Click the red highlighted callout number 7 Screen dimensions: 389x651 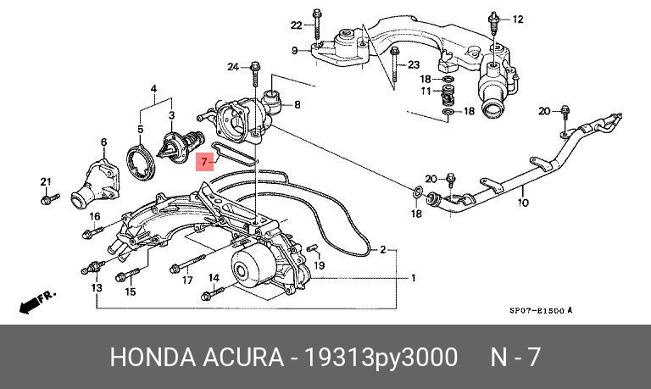point(204,159)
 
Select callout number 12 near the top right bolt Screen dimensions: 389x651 point(518,19)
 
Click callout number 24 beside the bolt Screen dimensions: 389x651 point(232,65)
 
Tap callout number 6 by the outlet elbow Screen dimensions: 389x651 point(104,142)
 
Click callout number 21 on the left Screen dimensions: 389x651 point(46,182)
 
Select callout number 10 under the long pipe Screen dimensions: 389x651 point(523,203)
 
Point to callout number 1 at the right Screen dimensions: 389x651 point(413,278)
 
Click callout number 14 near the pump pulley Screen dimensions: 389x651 point(214,278)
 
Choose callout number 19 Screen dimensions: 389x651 point(320,265)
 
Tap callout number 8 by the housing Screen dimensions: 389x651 point(297,105)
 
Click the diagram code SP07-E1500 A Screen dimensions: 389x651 point(540,310)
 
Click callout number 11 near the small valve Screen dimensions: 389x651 point(428,91)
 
